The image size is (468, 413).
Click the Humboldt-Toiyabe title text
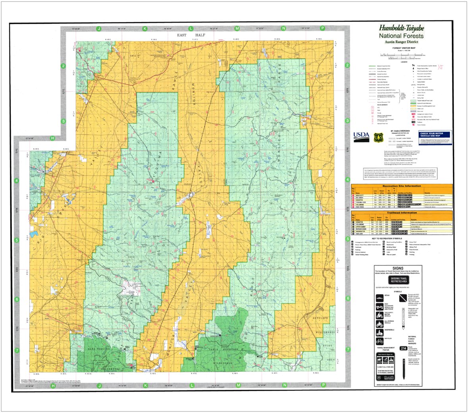(x=401, y=28)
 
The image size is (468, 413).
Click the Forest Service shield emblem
(x=377, y=137)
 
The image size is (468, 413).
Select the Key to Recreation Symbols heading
(x=401, y=239)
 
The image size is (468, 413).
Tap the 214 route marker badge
(x=404, y=348)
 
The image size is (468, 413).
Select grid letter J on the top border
(x=99, y=29)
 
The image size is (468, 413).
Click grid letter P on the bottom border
(x=323, y=385)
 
